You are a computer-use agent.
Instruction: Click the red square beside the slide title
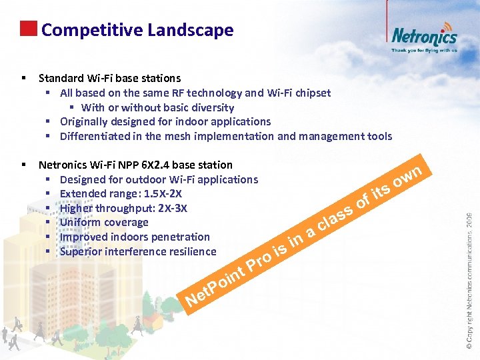[x=28, y=29]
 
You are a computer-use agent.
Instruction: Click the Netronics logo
[x=424, y=35]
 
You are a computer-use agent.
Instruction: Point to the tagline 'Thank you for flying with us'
[x=424, y=50]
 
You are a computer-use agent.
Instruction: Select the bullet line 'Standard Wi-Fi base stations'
[x=109, y=79]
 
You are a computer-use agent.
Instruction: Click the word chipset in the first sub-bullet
[x=311, y=93]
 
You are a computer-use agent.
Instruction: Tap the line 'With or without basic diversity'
[x=157, y=107]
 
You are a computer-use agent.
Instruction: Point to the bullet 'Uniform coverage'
[x=104, y=223]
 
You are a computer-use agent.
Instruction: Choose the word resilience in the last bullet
[x=192, y=251]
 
